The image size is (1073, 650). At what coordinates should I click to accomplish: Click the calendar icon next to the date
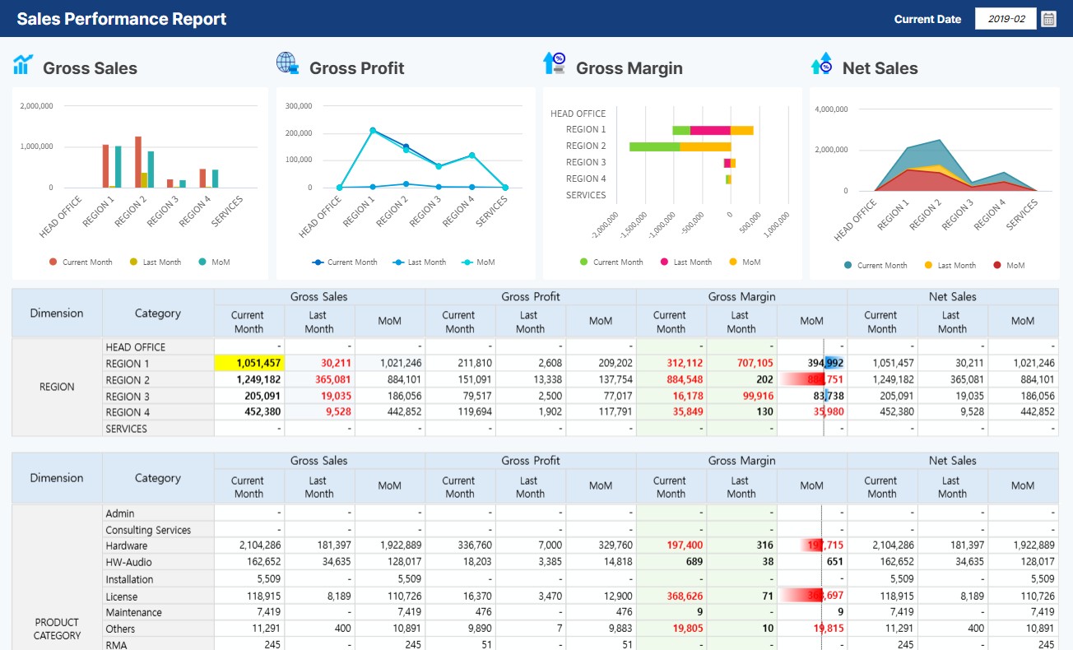(x=1048, y=19)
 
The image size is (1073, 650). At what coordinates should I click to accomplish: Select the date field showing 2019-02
(x=1005, y=19)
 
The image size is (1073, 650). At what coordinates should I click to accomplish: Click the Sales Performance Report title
(x=122, y=19)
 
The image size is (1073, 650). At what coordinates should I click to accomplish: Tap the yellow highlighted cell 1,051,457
(x=249, y=363)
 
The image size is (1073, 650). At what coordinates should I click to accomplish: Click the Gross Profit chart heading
(x=356, y=68)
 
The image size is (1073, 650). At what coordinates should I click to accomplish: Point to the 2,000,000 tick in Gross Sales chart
(x=37, y=106)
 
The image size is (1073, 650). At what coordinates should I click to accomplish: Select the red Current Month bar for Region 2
(x=138, y=162)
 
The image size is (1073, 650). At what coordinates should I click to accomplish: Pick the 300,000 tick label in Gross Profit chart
(x=297, y=106)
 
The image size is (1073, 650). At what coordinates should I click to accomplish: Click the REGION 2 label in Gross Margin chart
(x=585, y=146)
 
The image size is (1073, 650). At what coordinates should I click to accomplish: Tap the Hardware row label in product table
(x=127, y=546)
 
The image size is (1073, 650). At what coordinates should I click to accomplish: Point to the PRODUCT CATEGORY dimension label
(x=57, y=629)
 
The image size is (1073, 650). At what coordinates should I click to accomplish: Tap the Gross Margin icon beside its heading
(x=554, y=64)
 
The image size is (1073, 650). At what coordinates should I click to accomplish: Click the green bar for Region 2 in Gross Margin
(x=655, y=146)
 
